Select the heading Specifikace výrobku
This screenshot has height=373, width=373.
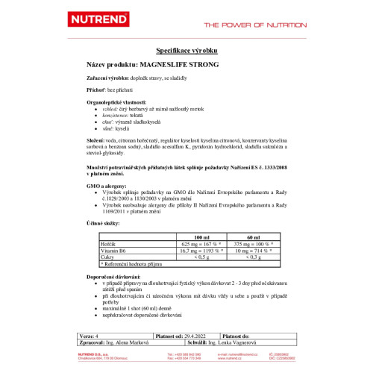[x=186, y=51]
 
